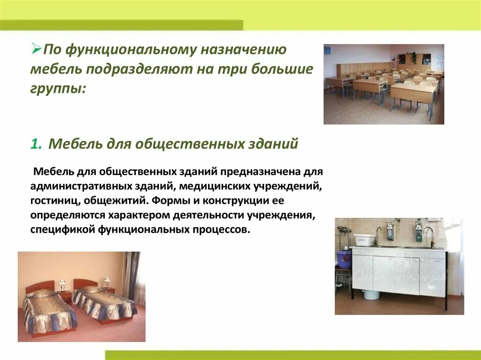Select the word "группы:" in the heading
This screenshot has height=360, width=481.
click(58, 88)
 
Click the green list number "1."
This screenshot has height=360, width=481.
click(37, 144)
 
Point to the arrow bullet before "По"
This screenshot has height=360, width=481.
click(36, 49)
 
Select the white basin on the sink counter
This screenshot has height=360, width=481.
click(364, 240)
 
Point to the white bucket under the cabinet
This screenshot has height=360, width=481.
click(371, 294)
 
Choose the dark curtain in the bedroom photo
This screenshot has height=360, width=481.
click(131, 272)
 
